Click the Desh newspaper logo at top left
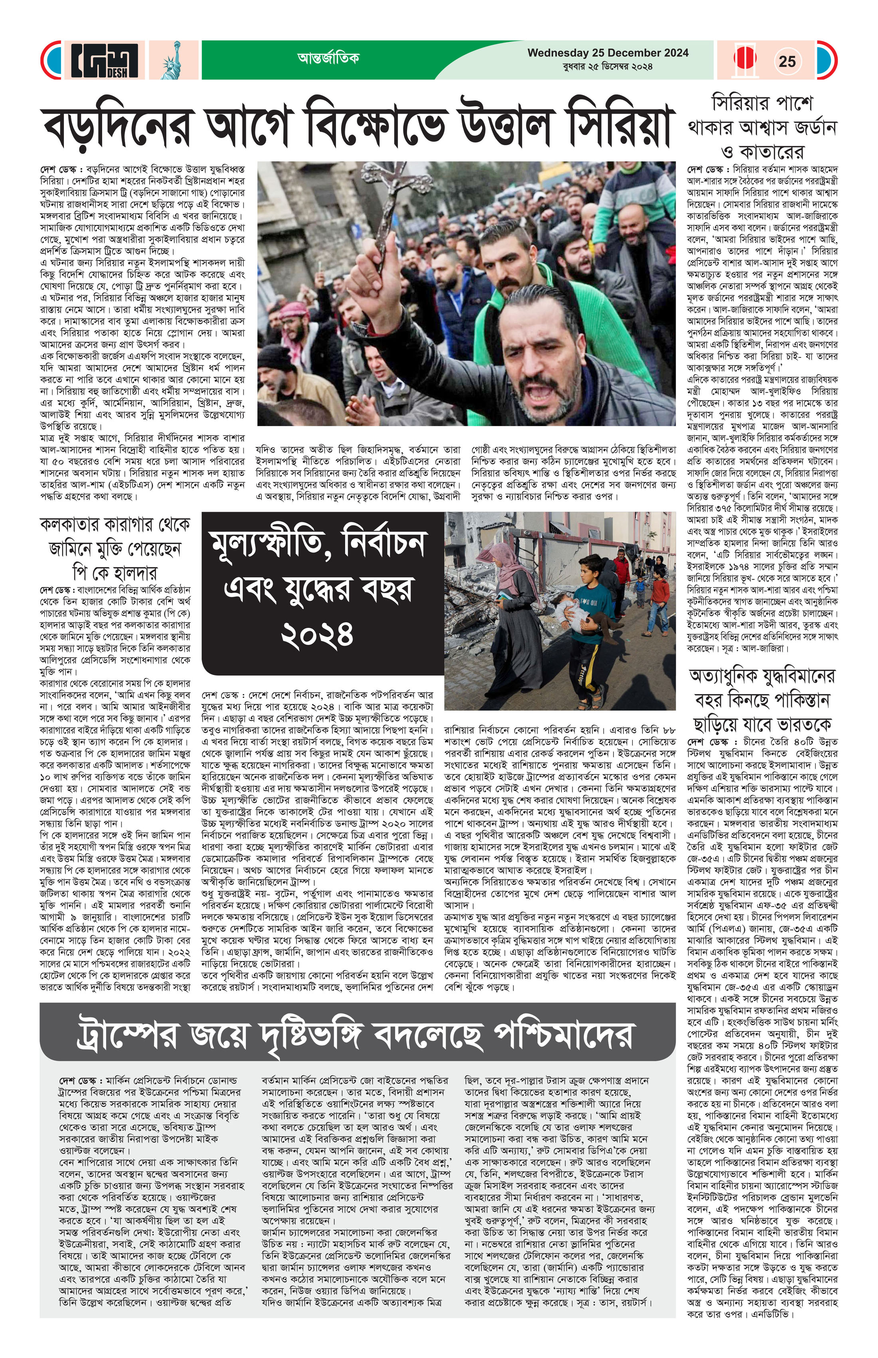(x=104, y=60)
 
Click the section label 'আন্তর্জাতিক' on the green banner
(x=328, y=58)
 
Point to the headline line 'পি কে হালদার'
(x=115, y=572)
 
